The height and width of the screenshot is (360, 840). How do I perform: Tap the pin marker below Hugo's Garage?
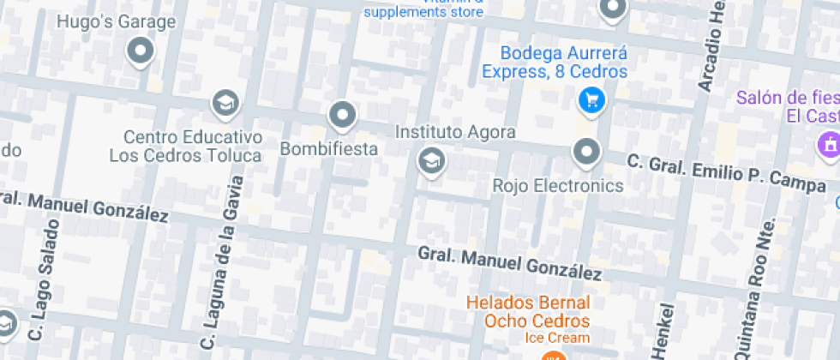[x=140, y=51]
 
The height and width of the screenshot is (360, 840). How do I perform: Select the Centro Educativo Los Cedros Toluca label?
[x=185, y=147]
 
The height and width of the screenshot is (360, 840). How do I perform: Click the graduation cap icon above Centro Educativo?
[x=225, y=104]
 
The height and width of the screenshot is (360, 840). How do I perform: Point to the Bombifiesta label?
[x=329, y=149]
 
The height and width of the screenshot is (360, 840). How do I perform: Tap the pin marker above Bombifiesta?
[x=343, y=114]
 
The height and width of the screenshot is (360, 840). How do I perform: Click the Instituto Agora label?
[x=455, y=132]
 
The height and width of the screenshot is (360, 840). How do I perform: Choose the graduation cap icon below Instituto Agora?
[x=431, y=159]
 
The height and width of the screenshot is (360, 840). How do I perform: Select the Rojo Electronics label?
[x=558, y=185]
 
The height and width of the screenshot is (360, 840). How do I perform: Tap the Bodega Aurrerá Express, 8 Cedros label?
[x=554, y=63]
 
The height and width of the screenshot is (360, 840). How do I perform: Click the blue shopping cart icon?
[x=591, y=101]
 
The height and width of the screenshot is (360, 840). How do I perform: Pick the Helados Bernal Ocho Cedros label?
[x=528, y=312]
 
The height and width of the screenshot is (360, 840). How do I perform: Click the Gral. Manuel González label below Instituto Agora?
[x=509, y=263]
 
